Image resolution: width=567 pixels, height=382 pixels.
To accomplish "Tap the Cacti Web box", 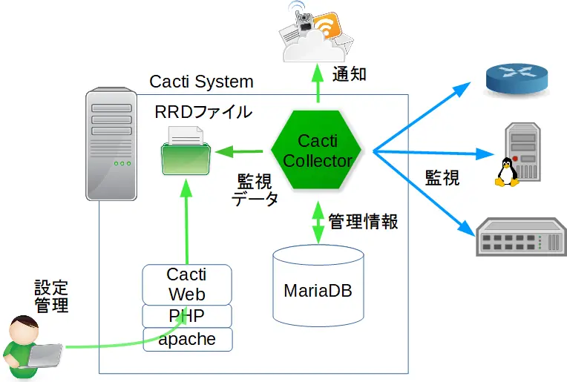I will coord(187,285).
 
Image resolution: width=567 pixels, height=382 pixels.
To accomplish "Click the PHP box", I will coord(187,316).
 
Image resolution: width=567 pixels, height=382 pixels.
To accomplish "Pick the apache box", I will coord(187,340).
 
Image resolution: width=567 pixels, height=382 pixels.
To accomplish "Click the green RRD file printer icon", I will coord(186,151).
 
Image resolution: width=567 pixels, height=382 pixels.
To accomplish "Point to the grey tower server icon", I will coord(111,144).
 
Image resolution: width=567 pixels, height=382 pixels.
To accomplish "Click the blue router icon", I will coord(517,77).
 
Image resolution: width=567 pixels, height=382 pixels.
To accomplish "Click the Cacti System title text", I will coord(201,82).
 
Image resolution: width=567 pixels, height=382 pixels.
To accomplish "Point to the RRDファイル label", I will coord(203,112).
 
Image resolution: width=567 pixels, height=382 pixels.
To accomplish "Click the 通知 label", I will coord(349,74).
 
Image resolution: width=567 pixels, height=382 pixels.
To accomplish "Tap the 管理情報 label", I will coord(363,221).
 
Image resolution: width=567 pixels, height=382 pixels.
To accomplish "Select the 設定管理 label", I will coord(51,296).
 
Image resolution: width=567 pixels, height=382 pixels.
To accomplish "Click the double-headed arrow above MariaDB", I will coord(318,221).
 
